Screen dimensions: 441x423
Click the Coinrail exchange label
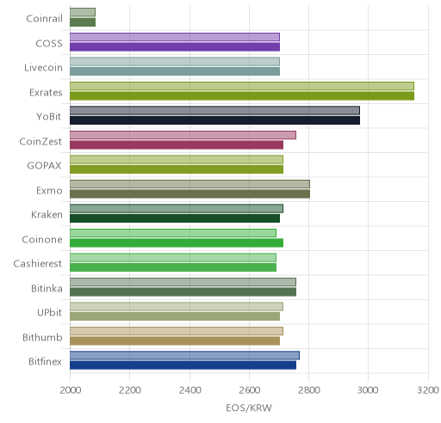click(44, 19)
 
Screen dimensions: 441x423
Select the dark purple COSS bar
click(175, 46)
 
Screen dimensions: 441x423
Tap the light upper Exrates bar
click(242, 86)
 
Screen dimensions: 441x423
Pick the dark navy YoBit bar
click(214, 120)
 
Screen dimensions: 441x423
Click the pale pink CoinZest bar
click(183, 135)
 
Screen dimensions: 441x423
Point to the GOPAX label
click(44, 166)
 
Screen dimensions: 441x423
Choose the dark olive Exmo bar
click(189, 193)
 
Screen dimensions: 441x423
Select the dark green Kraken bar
click(175, 218)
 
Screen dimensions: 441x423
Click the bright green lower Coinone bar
click(177, 242)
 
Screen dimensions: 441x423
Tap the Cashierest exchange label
click(38, 264)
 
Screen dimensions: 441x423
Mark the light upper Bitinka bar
click(183, 282)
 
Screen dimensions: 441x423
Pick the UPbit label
click(49, 312)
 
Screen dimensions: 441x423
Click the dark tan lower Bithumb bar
click(175, 341)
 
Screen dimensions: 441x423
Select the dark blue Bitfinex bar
click(183, 365)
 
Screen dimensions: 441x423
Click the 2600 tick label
click(250, 390)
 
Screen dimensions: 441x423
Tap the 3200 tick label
click(428, 390)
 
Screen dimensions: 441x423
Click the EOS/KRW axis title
click(249, 408)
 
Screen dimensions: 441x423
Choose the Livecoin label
click(43, 68)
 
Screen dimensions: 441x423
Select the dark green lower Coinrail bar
click(83, 22)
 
